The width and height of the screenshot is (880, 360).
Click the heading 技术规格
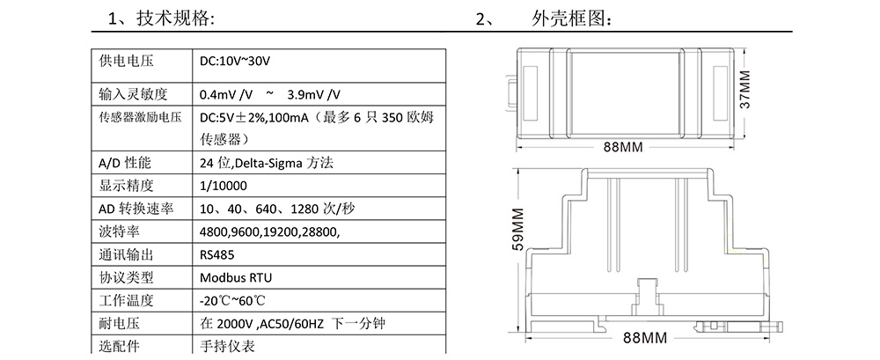[x=175, y=19]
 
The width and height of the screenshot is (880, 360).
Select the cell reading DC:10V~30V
[x=235, y=61]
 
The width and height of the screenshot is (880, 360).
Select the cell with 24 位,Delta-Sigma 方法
[x=267, y=164]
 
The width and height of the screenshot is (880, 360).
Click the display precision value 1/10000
[x=223, y=186]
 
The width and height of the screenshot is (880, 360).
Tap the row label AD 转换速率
[x=136, y=209]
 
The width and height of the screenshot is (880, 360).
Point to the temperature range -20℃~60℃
[x=232, y=300]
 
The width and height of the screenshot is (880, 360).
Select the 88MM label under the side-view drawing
[x=647, y=337]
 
